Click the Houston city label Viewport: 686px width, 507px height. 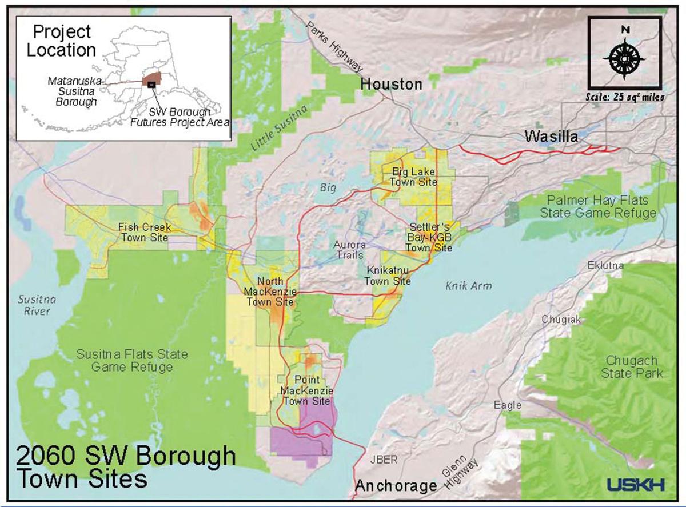391,85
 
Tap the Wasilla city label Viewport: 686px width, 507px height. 552,137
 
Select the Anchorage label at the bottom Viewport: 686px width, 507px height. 396,486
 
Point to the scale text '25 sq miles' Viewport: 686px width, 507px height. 625,97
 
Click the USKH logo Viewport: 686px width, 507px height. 635,485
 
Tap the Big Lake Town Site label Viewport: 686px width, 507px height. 413,177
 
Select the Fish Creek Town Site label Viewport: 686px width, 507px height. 144,232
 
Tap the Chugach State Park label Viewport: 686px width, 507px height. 631,368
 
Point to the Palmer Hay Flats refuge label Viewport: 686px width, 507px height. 601,206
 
